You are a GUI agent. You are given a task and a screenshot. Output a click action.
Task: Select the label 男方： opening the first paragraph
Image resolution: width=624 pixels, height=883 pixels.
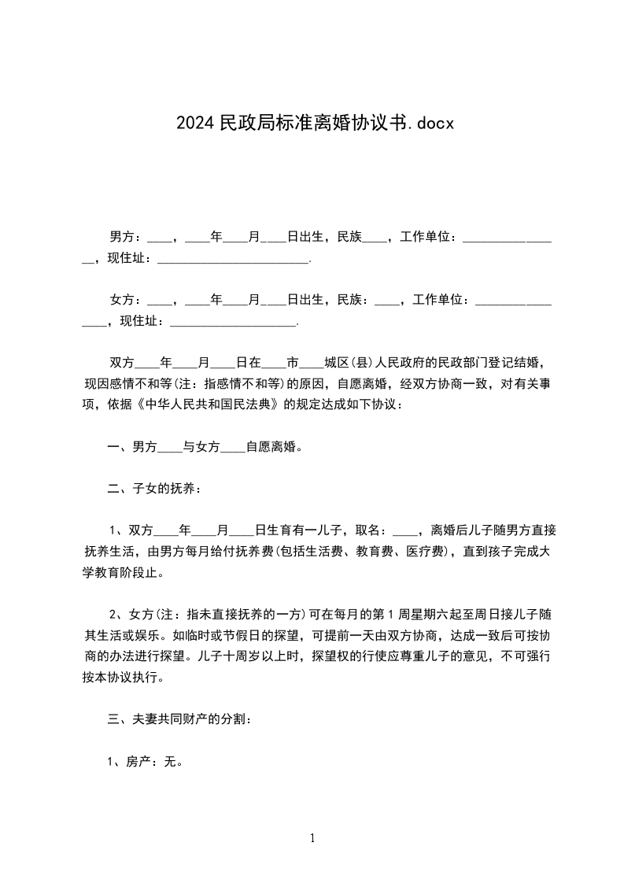point(126,236)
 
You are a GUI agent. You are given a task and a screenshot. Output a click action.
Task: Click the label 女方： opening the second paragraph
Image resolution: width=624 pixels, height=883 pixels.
point(126,300)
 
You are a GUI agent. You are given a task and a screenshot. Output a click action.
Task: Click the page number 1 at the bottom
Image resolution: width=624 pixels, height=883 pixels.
point(312,839)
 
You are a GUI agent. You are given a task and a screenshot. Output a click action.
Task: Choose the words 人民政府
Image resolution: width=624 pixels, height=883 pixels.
point(391,363)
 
